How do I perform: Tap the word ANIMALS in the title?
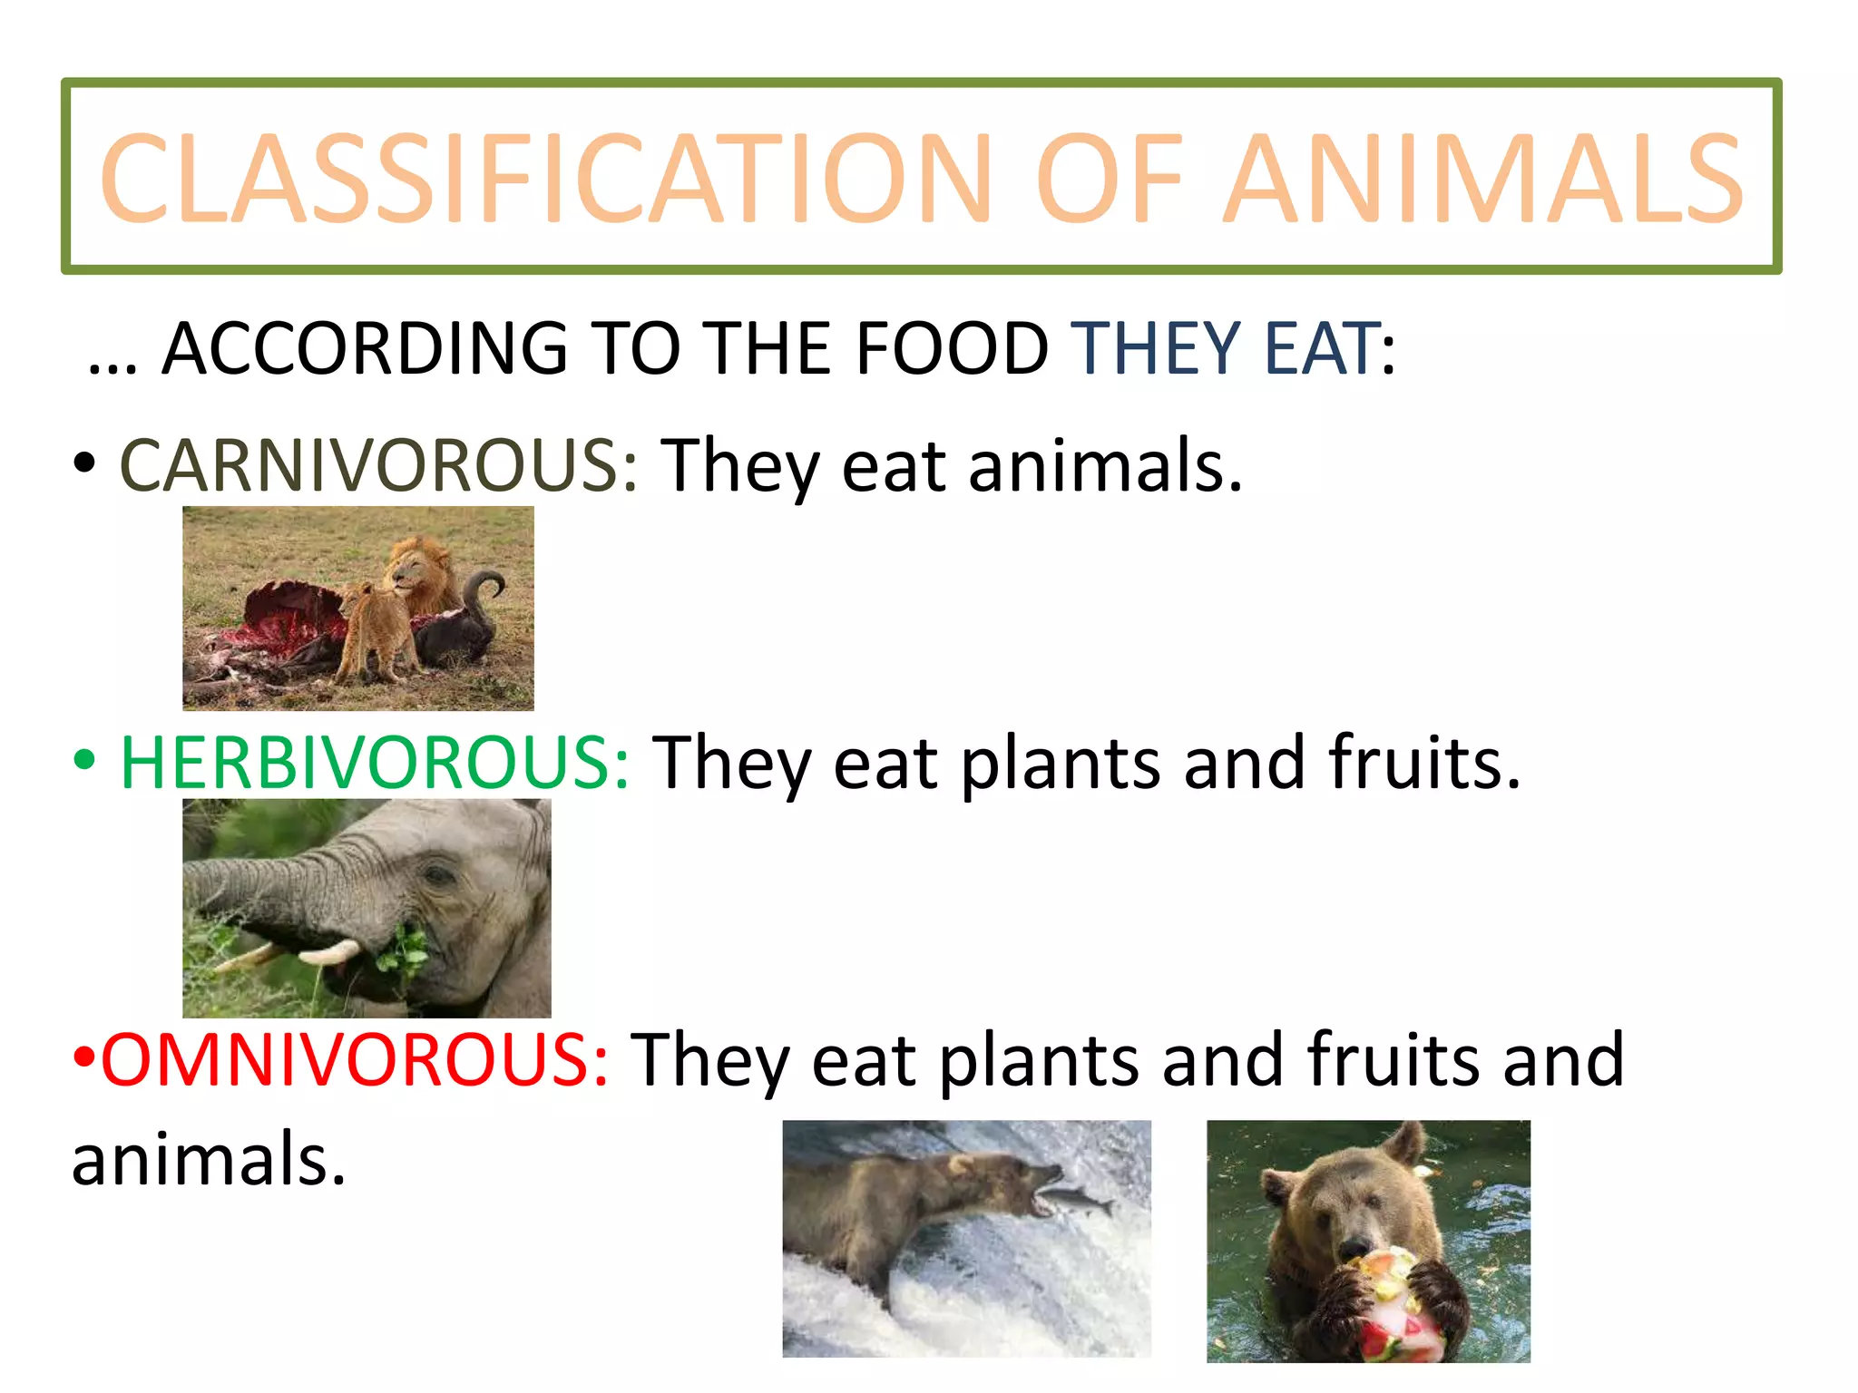tap(1482, 178)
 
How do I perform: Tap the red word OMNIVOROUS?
tap(355, 1059)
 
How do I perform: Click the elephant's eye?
tap(439, 876)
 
